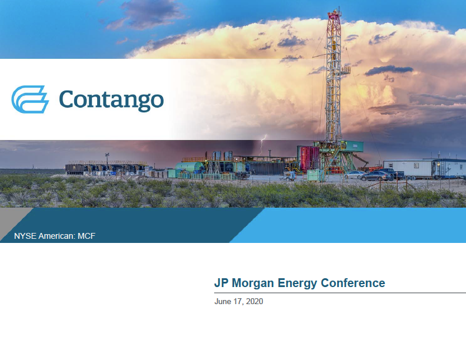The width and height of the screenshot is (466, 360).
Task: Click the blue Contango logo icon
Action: [x=30, y=99]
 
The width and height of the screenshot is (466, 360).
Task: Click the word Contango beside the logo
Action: [x=111, y=100]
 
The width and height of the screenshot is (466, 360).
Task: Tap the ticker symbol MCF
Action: [x=86, y=236]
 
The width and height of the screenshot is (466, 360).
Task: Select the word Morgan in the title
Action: [x=252, y=284]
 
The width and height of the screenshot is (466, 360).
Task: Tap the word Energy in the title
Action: [x=297, y=284]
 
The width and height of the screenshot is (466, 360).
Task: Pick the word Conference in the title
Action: [x=353, y=283]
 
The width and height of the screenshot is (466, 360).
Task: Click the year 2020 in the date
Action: [x=255, y=302]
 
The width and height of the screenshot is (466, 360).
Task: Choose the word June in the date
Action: [x=223, y=302]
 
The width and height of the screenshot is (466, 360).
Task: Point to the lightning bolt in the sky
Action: [x=262, y=145]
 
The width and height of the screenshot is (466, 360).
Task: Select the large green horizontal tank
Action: [x=189, y=167]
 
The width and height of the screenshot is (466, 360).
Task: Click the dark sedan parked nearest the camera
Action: [x=376, y=176]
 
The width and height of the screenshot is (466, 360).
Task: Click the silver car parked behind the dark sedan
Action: [x=355, y=175]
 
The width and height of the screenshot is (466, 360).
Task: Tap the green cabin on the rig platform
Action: [x=354, y=146]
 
